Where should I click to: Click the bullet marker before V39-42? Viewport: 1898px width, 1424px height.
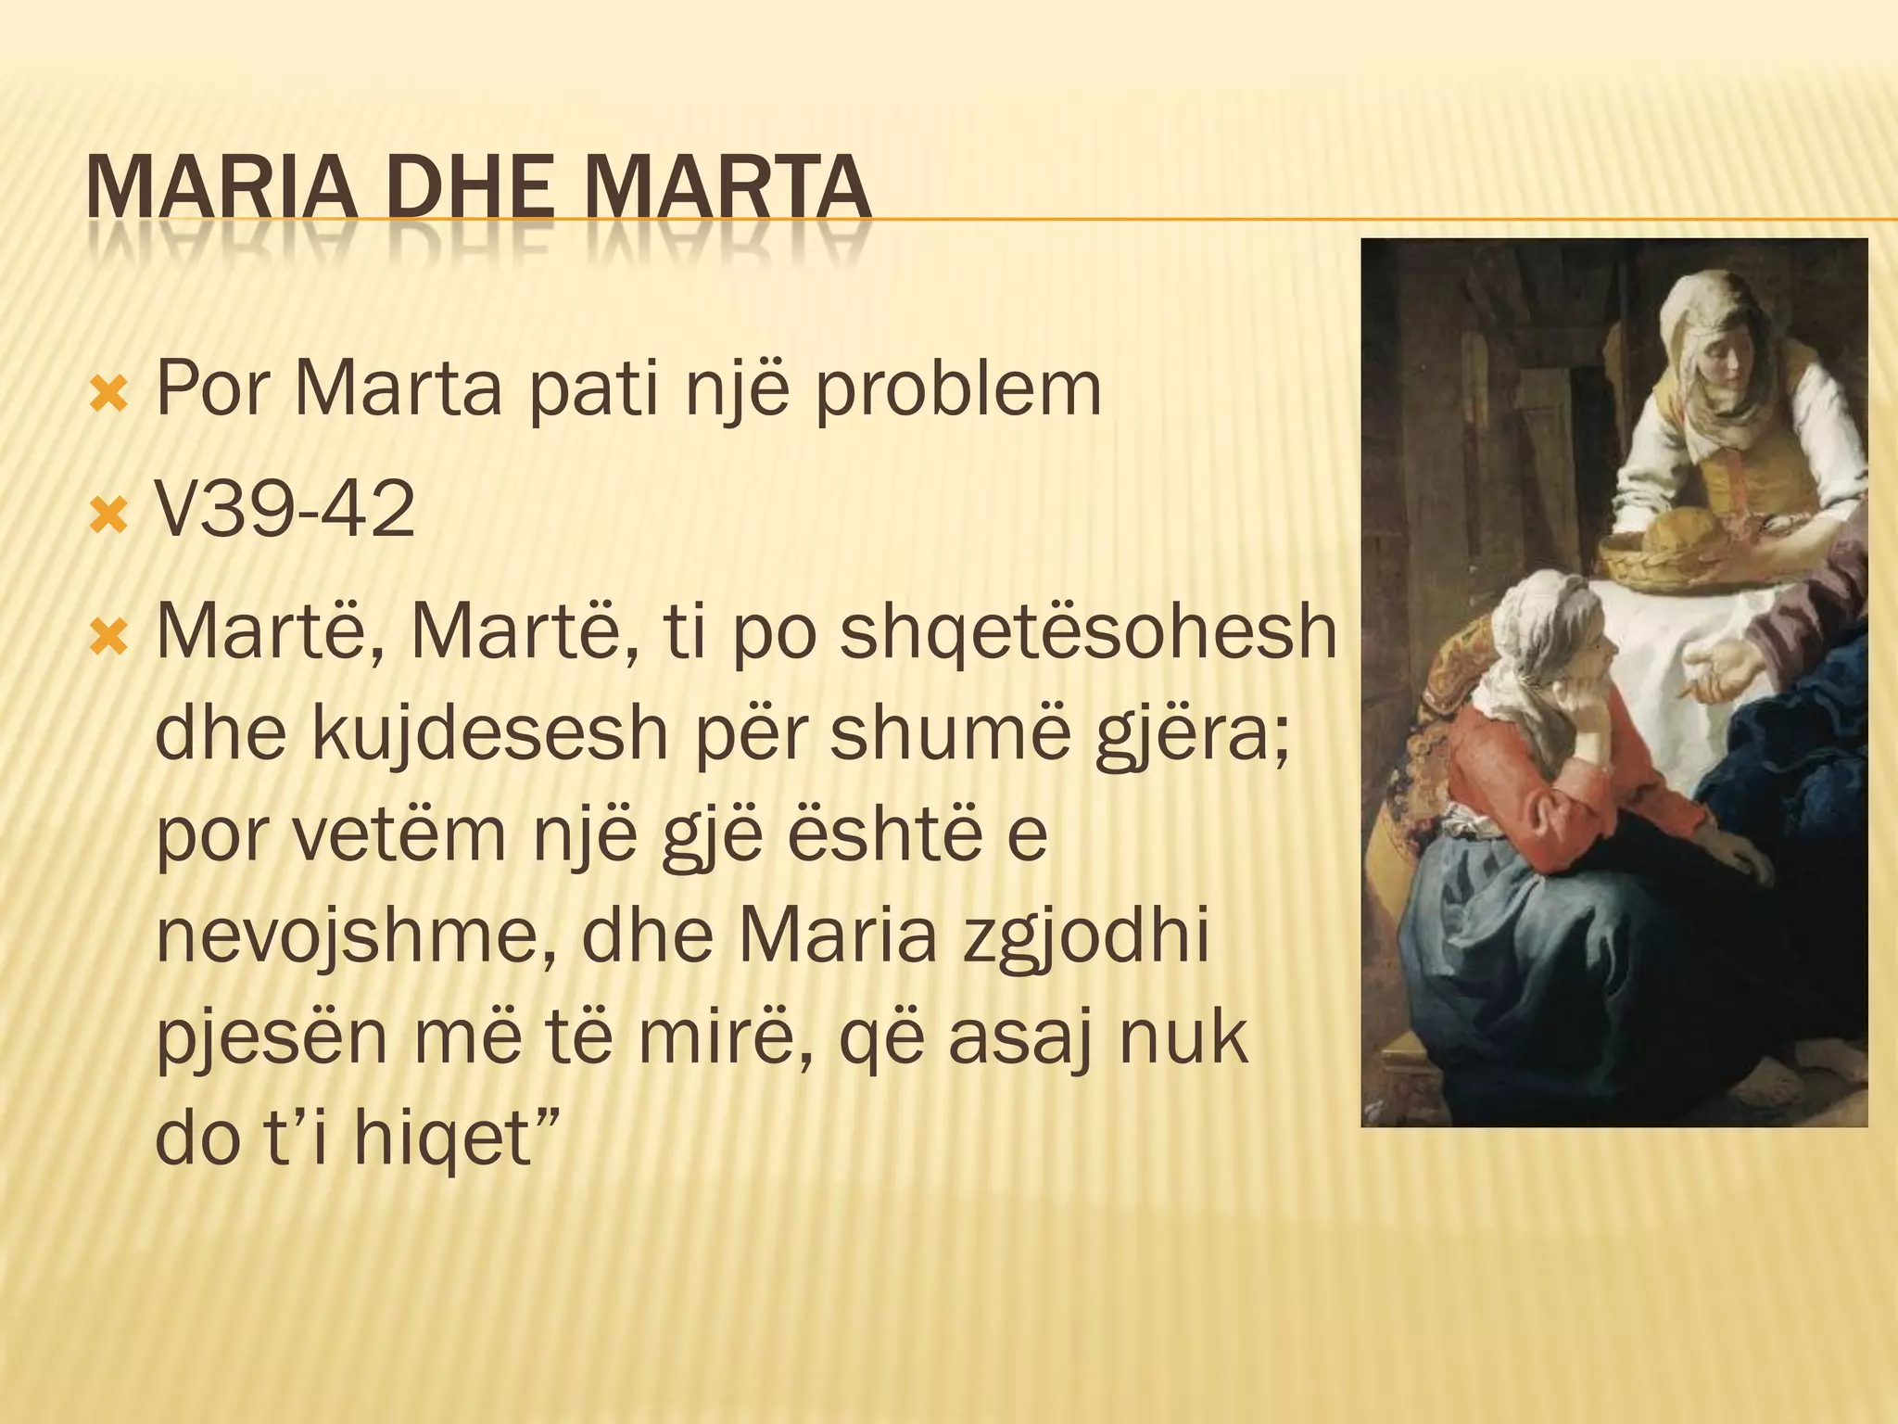click(108, 513)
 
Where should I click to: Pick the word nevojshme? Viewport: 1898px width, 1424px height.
click(357, 936)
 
